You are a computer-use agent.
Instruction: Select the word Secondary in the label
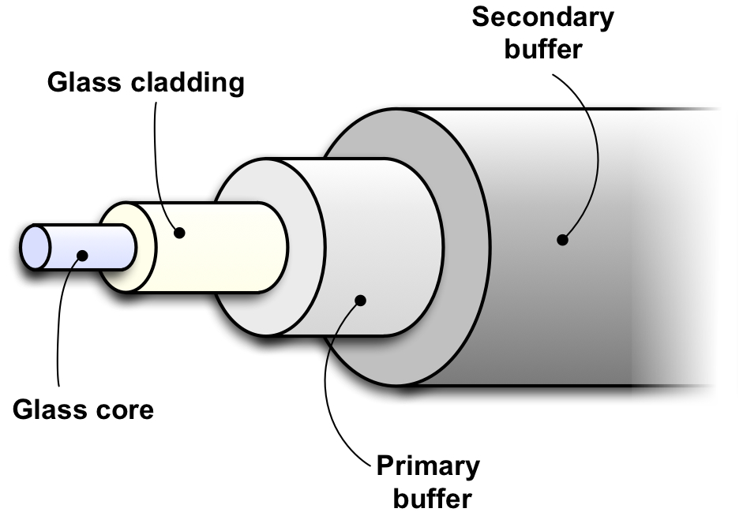(542, 17)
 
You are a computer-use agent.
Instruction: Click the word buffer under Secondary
(543, 49)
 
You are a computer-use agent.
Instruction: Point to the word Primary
(427, 466)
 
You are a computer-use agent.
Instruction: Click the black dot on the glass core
(81, 254)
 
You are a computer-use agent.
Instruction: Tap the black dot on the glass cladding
(180, 233)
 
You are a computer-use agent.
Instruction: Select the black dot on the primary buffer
(361, 300)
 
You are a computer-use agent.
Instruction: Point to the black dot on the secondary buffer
(562, 239)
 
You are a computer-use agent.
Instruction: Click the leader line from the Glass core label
(58, 331)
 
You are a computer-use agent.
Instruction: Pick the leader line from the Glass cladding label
(158, 158)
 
